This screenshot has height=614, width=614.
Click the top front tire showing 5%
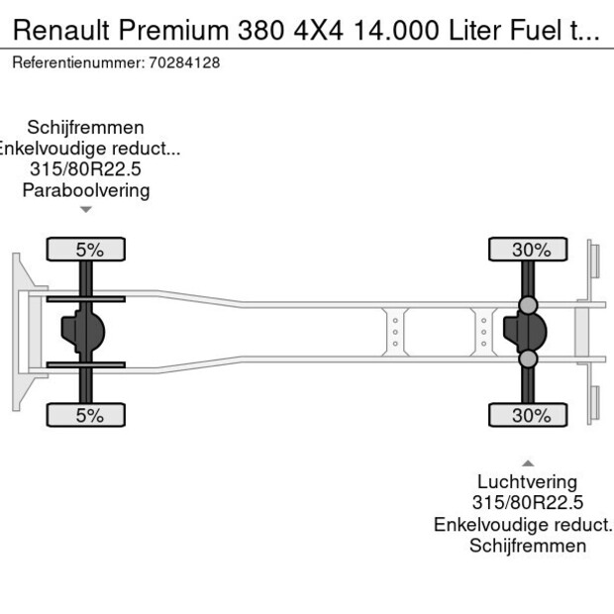click(86, 250)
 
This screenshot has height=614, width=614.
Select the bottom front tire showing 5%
click(86, 415)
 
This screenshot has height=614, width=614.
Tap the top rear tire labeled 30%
click(528, 250)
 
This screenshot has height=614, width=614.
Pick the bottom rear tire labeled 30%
click(528, 415)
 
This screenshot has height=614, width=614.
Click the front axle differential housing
click(83, 333)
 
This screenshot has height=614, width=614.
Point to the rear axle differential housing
click(525, 333)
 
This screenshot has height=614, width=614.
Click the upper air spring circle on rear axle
click(528, 305)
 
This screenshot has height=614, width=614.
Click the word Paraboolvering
click(86, 190)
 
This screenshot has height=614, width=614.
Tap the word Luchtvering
click(528, 482)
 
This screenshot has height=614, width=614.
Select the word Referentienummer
click(77, 62)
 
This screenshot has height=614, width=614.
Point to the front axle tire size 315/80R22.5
click(86, 169)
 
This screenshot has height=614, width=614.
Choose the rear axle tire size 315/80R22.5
click(528, 503)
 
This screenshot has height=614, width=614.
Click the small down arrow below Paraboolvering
click(86, 209)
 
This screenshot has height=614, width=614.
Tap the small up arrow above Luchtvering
click(528, 462)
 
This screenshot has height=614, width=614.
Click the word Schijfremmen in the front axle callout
click(86, 128)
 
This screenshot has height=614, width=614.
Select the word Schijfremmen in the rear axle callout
click(528, 546)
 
